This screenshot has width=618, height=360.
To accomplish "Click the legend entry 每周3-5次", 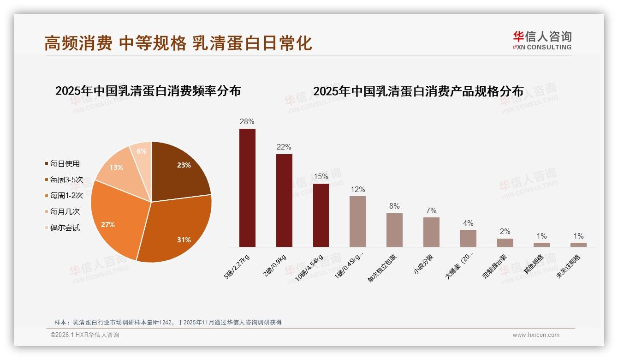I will click(x=66, y=180).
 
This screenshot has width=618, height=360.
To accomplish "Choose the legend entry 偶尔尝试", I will click(x=65, y=228).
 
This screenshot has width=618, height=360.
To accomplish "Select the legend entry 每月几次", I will click(x=65, y=211).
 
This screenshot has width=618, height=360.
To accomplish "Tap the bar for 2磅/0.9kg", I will click(x=284, y=200).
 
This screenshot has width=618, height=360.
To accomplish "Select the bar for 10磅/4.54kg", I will click(x=321, y=215).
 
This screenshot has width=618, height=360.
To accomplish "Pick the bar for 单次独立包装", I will click(x=394, y=230).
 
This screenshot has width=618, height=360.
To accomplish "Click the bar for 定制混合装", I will click(x=505, y=243).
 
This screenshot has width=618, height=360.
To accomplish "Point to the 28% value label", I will click(x=247, y=122).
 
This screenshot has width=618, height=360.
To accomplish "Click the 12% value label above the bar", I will click(x=357, y=190).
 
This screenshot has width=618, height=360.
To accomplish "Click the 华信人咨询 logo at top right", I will click(x=542, y=40).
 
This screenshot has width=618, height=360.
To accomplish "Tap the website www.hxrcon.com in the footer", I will click(x=536, y=335).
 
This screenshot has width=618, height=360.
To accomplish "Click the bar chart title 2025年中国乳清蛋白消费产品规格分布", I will click(x=418, y=91).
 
